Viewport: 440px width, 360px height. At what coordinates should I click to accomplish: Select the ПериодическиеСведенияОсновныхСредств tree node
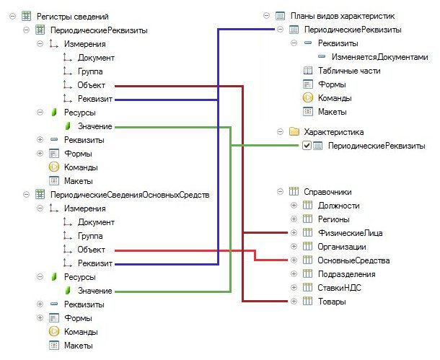pyautogui.click(x=129, y=194)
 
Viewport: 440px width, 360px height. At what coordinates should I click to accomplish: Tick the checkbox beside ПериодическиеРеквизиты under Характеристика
pyautogui.click(x=307, y=146)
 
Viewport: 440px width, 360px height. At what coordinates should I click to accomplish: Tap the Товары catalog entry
pyautogui.click(x=333, y=301)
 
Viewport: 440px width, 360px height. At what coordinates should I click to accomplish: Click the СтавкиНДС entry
pyautogui.click(x=339, y=287)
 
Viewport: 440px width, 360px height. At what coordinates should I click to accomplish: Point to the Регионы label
pyautogui.click(x=335, y=219)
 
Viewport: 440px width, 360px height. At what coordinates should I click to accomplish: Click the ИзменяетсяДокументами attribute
pyautogui.click(x=379, y=57)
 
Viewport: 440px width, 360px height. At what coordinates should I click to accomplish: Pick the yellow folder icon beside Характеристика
pyautogui.click(x=294, y=132)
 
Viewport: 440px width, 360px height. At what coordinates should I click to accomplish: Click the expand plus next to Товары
pyautogui.click(x=293, y=301)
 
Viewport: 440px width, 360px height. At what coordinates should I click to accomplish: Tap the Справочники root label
pyautogui.click(x=327, y=192)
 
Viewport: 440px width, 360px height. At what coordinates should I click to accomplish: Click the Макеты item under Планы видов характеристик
pyautogui.click(x=333, y=112)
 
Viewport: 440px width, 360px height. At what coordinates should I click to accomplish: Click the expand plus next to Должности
pyautogui.click(x=293, y=206)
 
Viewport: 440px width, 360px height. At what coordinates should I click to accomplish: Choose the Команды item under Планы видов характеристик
pyautogui.click(x=335, y=98)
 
